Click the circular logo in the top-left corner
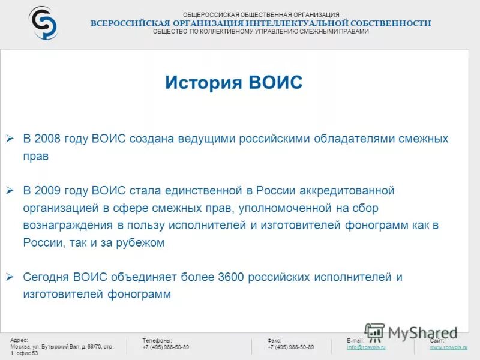(43, 23)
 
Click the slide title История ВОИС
(234, 83)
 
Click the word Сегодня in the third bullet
(46, 277)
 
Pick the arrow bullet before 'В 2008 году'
(10, 139)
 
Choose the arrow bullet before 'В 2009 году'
(10, 191)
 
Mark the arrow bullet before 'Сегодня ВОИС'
(10, 277)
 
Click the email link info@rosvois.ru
(366, 347)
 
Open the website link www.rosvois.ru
(449, 347)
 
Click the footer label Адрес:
(19, 340)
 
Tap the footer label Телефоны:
(157, 340)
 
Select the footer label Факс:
(274, 340)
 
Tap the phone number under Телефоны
(166, 347)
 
